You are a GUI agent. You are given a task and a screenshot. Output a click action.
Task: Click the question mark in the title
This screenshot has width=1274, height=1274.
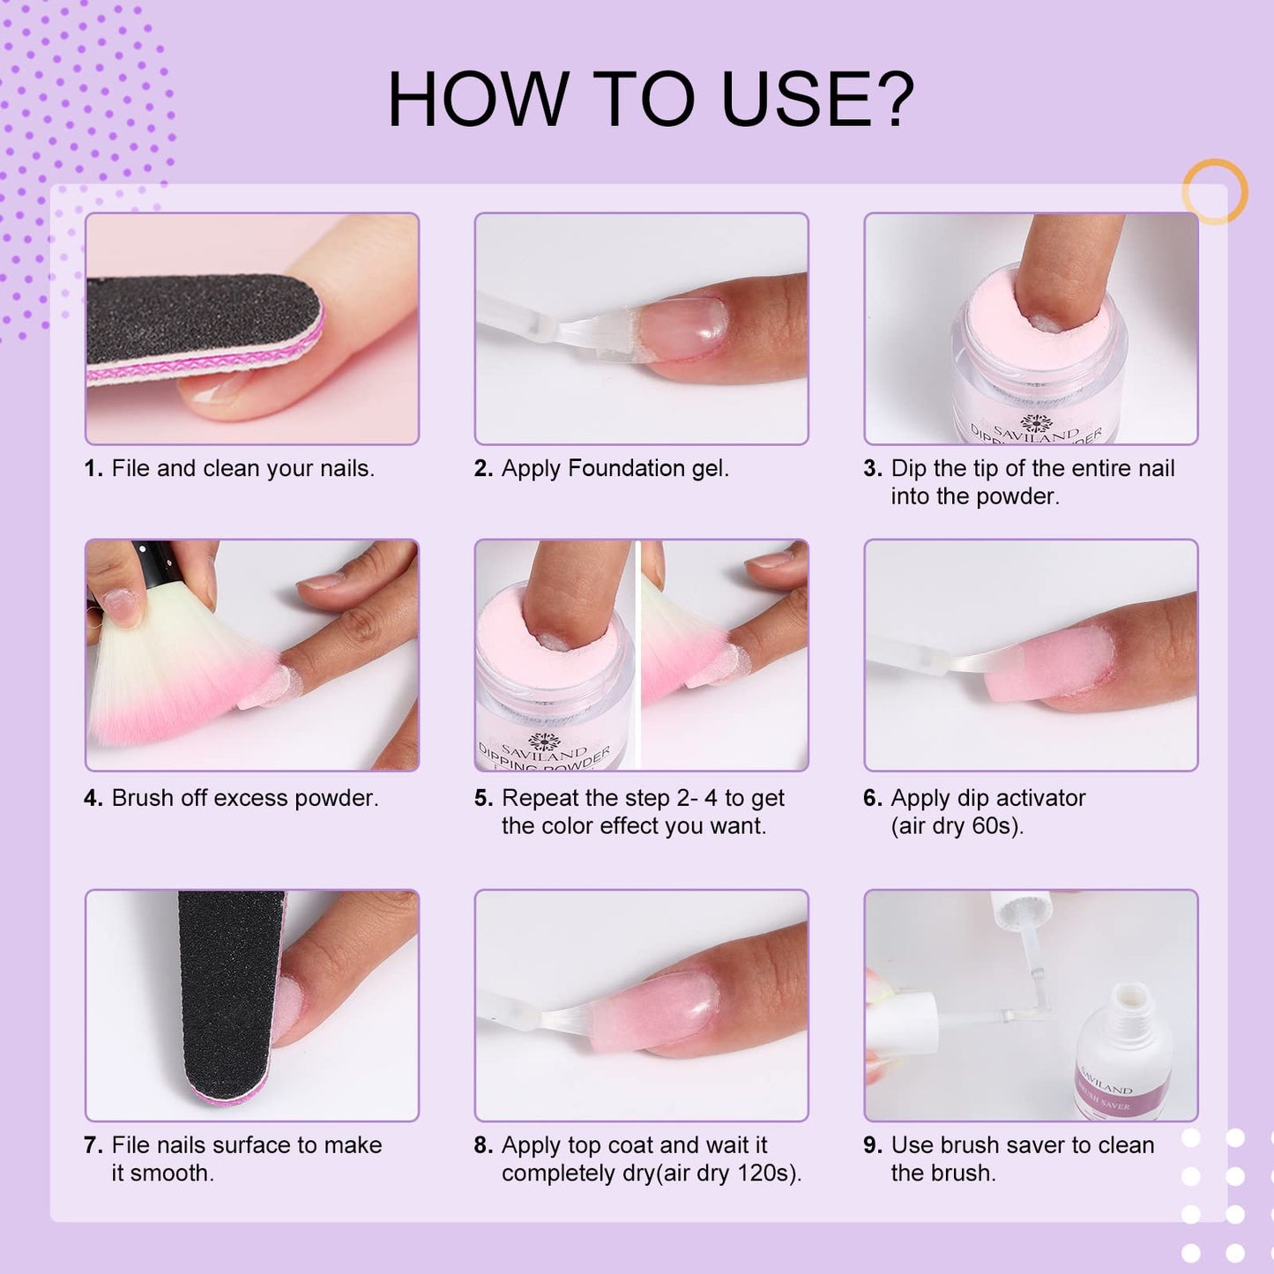892,99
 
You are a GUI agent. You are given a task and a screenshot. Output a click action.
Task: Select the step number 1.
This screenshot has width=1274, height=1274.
93,468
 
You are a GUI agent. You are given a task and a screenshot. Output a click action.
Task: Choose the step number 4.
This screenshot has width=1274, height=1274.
93,798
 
